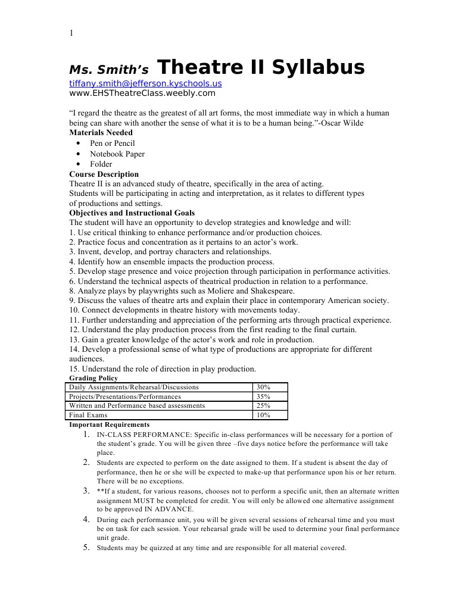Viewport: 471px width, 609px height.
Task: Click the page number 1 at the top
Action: (x=71, y=33)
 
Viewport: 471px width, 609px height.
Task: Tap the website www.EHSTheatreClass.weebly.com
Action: (x=142, y=93)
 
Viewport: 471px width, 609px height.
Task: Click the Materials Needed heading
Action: (x=101, y=133)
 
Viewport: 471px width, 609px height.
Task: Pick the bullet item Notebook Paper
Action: (x=117, y=154)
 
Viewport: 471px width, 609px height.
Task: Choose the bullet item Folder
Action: (x=101, y=164)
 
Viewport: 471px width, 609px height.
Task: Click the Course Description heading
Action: (x=104, y=174)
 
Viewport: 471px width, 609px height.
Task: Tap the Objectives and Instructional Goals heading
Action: (x=132, y=213)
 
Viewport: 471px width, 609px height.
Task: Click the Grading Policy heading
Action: (x=93, y=378)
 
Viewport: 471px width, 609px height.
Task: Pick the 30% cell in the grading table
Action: (x=263, y=388)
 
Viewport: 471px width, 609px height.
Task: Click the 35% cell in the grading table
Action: (x=263, y=396)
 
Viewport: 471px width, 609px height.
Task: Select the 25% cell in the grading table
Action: (x=263, y=406)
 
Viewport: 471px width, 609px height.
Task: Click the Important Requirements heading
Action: (x=110, y=425)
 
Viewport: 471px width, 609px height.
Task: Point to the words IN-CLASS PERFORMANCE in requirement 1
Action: (x=144, y=435)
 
